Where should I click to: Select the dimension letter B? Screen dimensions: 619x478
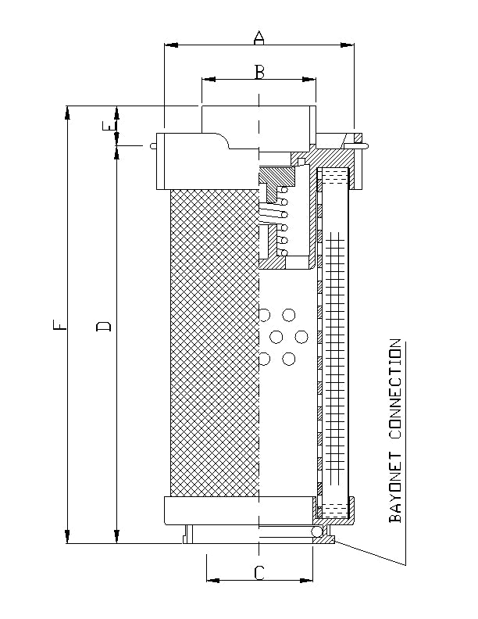(260, 71)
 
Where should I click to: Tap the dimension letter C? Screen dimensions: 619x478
(259, 572)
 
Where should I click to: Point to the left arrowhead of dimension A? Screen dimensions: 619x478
(169, 45)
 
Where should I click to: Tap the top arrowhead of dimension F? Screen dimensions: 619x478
(68, 111)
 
